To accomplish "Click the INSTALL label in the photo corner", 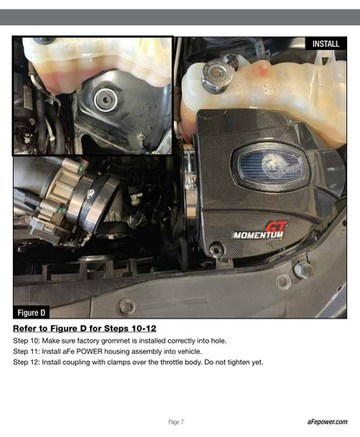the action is (x=325, y=44).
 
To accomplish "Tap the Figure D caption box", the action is (x=31, y=312).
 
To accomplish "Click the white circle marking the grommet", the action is (x=106, y=100).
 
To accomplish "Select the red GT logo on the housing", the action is (x=276, y=227).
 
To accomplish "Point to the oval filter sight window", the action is (x=270, y=168).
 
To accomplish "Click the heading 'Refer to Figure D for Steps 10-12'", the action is (x=85, y=328).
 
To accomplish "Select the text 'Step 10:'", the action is (x=26, y=341).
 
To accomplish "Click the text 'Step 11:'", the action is (x=26, y=351).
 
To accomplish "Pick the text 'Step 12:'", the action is (x=26, y=362).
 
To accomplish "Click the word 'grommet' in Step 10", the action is (x=116, y=341).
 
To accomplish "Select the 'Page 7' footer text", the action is (x=176, y=422).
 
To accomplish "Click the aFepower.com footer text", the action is (x=327, y=421).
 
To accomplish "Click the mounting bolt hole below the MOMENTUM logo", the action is (x=215, y=249).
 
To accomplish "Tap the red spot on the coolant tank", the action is (x=263, y=69).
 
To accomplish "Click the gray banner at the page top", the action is (x=180, y=17).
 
